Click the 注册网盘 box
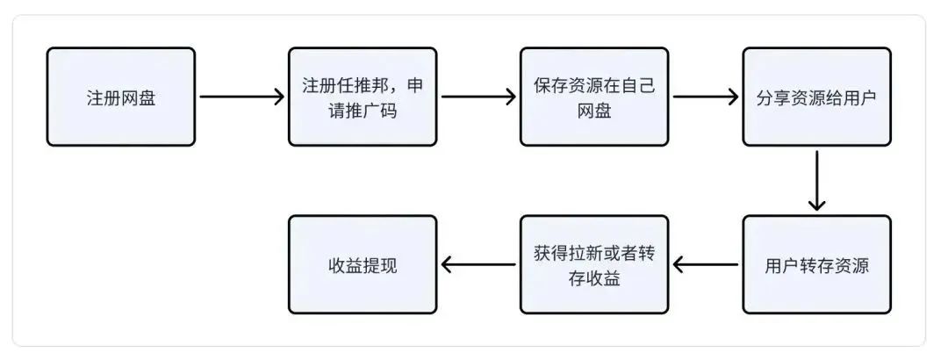(x=121, y=97)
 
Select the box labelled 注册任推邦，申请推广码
(x=363, y=97)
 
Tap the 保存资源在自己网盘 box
(x=594, y=97)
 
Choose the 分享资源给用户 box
(x=817, y=97)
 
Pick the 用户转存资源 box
(x=817, y=264)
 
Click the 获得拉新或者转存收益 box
(x=594, y=264)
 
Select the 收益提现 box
(x=363, y=264)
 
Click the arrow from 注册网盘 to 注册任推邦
(x=242, y=97)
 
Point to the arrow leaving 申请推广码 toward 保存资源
(x=479, y=97)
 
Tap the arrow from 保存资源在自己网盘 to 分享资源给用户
(x=706, y=97)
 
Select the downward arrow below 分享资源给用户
(x=817, y=180)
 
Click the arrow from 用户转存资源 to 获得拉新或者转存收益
(x=706, y=264)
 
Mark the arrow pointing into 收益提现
(x=479, y=264)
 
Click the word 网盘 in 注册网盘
(x=139, y=97)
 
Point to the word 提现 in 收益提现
(x=380, y=266)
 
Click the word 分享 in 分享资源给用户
(x=774, y=97)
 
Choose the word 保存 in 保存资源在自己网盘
(x=550, y=84)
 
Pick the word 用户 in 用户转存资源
(x=782, y=266)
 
